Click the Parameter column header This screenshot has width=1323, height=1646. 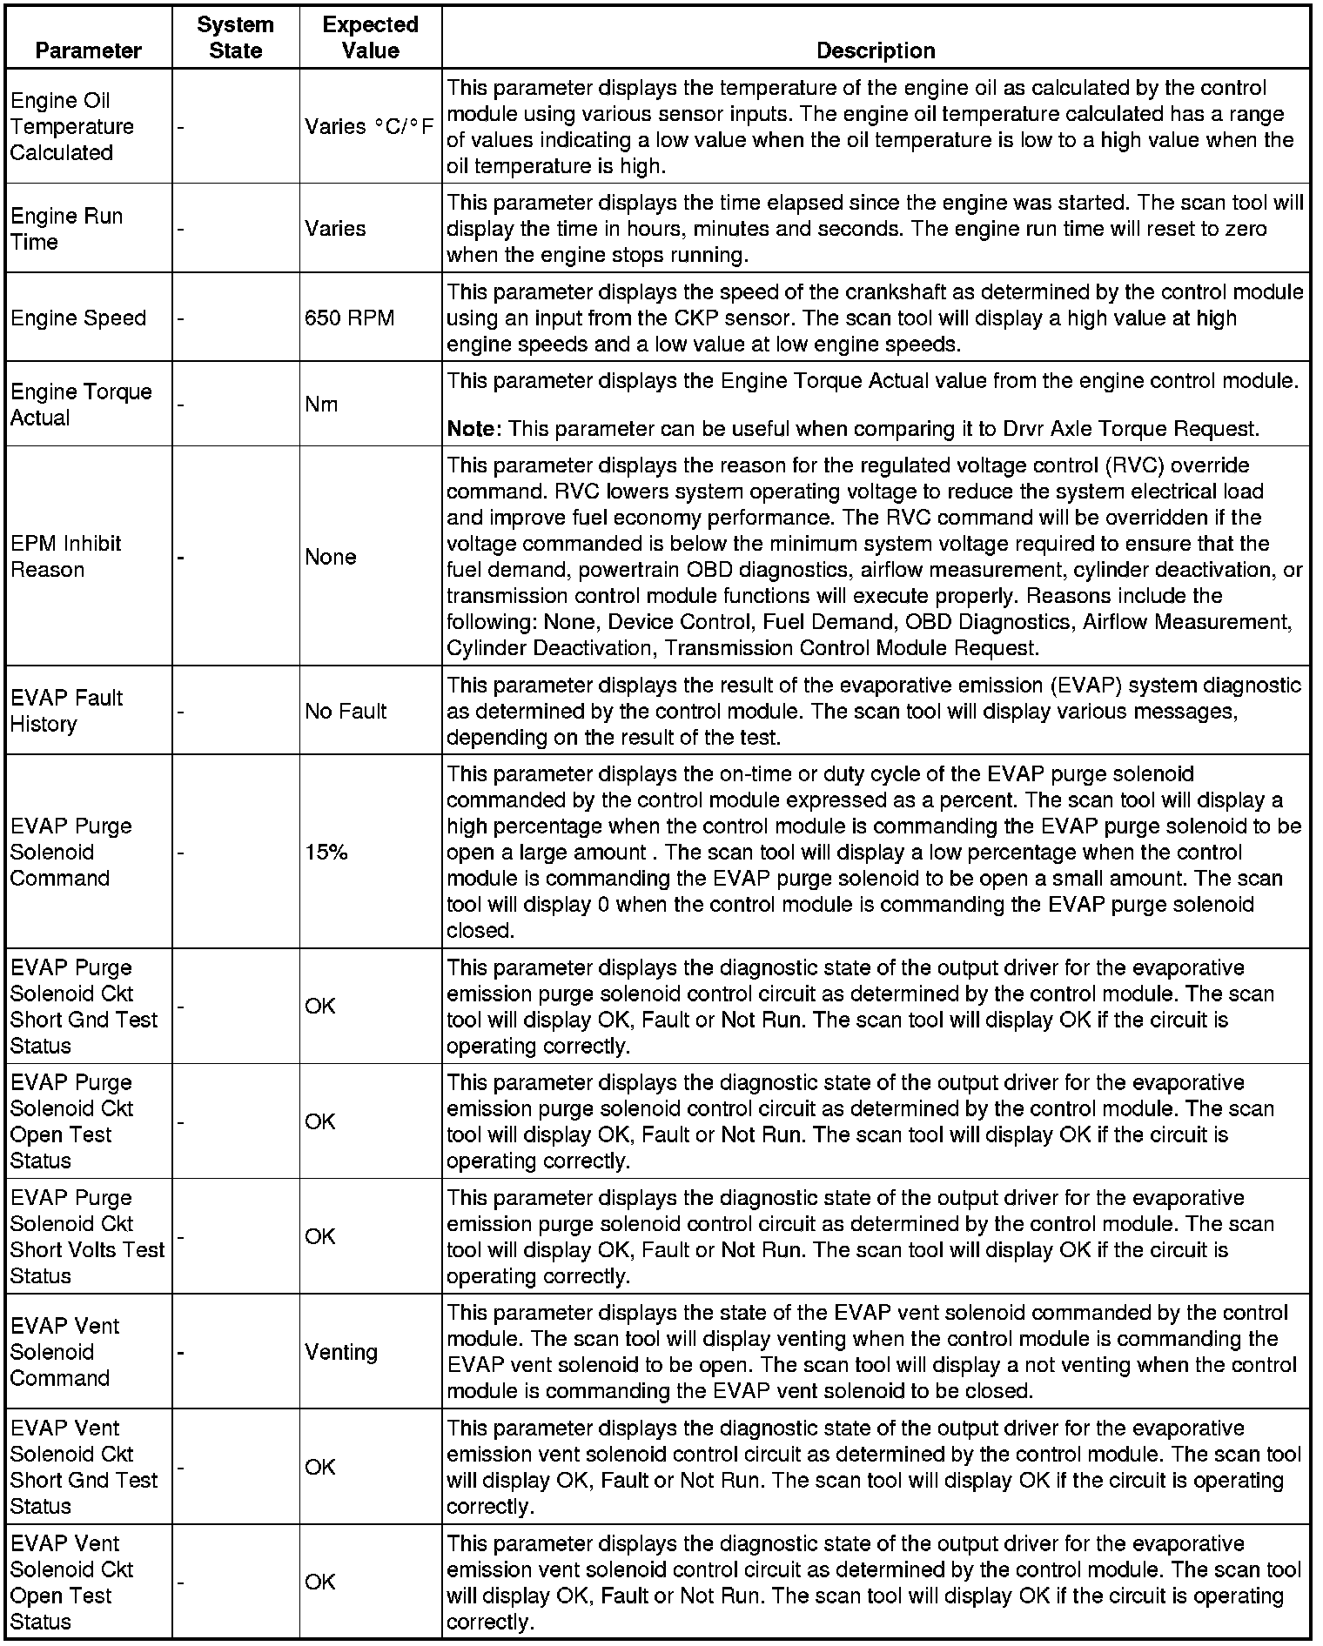point(88,50)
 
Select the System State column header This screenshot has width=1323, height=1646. point(235,37)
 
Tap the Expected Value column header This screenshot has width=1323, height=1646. point(370,37)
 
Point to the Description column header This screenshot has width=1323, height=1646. point(875,50)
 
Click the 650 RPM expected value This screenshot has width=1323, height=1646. point(349,318)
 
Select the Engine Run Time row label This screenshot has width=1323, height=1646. point(66,229)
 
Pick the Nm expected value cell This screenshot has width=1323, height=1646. point(321,405)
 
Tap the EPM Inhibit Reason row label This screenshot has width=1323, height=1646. point(65,557)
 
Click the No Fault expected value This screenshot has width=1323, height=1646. point(346,712)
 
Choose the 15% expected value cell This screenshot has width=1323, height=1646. point(326,853)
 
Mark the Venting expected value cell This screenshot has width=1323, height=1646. point(341,1352)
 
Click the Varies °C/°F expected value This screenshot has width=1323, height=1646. point(369,127)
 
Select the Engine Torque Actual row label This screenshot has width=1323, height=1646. point(81,405)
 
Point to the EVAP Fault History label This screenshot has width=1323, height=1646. point(66,711)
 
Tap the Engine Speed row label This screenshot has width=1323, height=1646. point(78,318)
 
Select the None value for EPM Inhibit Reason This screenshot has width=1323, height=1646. point(331,557)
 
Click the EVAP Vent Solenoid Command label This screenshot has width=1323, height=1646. point(64,1352)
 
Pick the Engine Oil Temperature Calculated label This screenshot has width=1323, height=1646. point(72,127)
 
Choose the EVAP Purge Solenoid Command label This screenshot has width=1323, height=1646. point(71,853)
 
